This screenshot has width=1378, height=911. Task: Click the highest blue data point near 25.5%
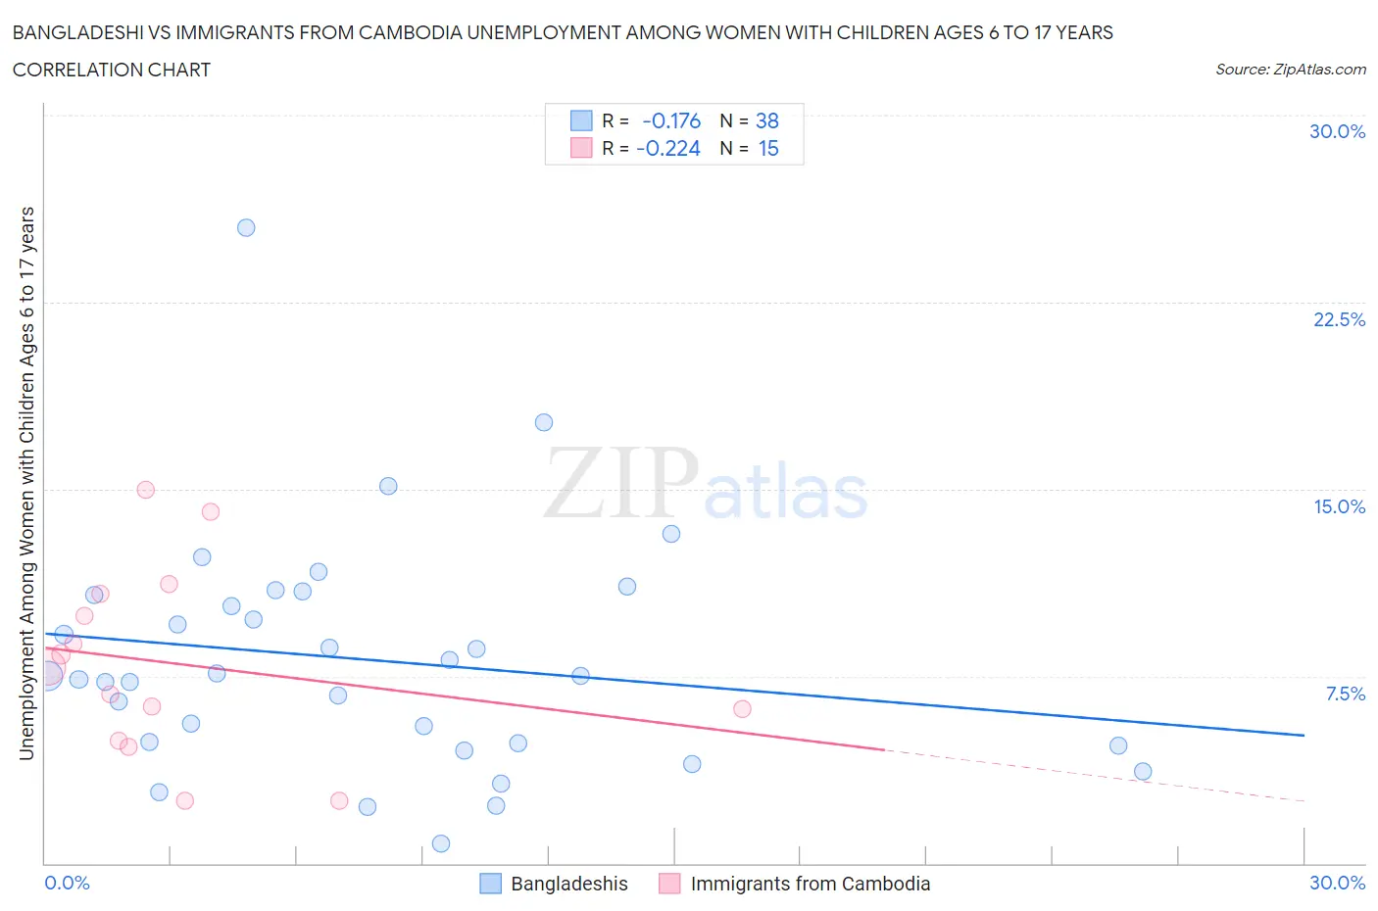tap(246, 227)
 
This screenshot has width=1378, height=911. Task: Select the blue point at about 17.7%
tap(544, 422)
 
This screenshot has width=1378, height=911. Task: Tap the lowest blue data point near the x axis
tap(441, 843)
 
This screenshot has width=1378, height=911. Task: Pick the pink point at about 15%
tap(146, 490)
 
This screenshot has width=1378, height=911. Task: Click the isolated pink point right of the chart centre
tap(742, 709)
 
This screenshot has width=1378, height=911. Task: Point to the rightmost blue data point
tap(1143, 771)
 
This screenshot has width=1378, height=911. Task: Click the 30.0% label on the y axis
tap(1337, 132)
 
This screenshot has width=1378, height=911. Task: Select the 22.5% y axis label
tap(1339, 319)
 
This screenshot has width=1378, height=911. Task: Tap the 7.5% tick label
tap(1345, 694)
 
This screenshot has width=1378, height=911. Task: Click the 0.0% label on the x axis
tap(67, 883)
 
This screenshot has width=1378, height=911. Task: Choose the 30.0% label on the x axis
tap(1337, 883)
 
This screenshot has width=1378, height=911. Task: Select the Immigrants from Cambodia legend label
tap(810, 884)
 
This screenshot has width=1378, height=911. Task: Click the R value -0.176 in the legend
tap(671, 120)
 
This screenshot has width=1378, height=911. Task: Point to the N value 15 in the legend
tap(767, 148)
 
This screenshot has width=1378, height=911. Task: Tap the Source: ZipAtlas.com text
tap(1290, 69)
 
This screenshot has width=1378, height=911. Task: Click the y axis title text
tap(26, 483)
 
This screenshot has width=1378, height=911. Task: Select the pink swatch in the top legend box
tap(581, 148)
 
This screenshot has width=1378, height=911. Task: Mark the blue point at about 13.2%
tap(671, 534)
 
